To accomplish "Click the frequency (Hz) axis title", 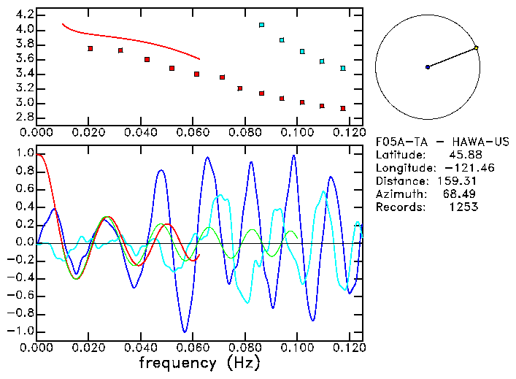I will pyautogui.click(x=199, y=362).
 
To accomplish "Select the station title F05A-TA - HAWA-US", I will pyautogui.click(x=442, y=142).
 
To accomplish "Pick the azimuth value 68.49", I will pyautogui.click(x=463, y=194).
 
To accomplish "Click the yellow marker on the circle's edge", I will pyautogui.click(x=476, y=48).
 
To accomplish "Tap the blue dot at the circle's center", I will pyautogui.click(x=428, y=67).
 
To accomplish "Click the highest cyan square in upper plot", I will pyautogui.click(x=261, y=25).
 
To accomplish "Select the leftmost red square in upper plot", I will pyautogui.click(x=91, y=48).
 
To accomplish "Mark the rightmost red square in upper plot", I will pyautogui.click(x=342, y=108).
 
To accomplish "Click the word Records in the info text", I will pyautogui.click(x=399, y=207).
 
